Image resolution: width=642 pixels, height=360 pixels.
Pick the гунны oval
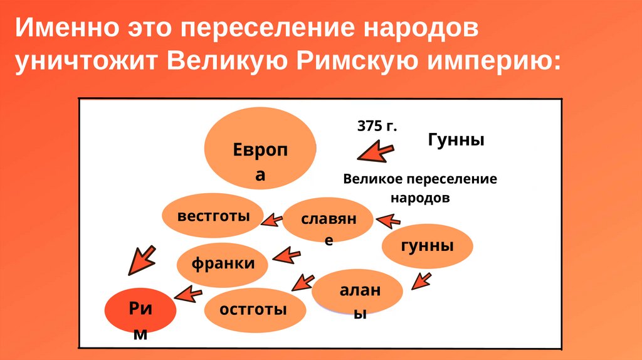point(427,245)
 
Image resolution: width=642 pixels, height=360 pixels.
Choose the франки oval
point(223,263)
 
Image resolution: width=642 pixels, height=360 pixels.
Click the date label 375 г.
point(377,126)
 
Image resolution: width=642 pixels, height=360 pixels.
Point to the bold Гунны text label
point(456,139)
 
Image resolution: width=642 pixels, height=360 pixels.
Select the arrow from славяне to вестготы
point(271,219)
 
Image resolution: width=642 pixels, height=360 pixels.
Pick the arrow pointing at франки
point(288,256)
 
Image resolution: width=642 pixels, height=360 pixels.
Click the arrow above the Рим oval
point(140,260)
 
